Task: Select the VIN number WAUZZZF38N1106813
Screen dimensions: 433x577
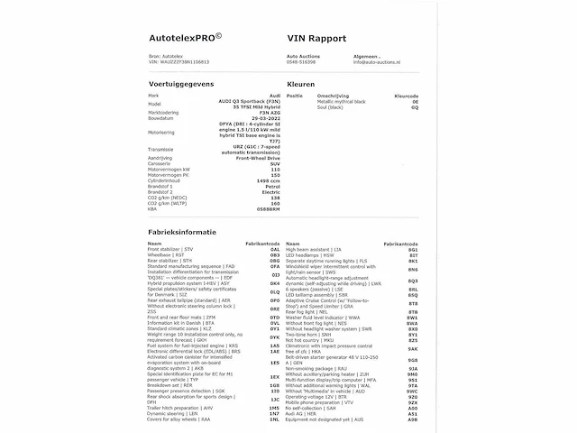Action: pyautogui.click(x=179, y=62)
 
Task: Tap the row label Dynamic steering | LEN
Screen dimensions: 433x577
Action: pyautogui.click(x=172, y=412)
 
